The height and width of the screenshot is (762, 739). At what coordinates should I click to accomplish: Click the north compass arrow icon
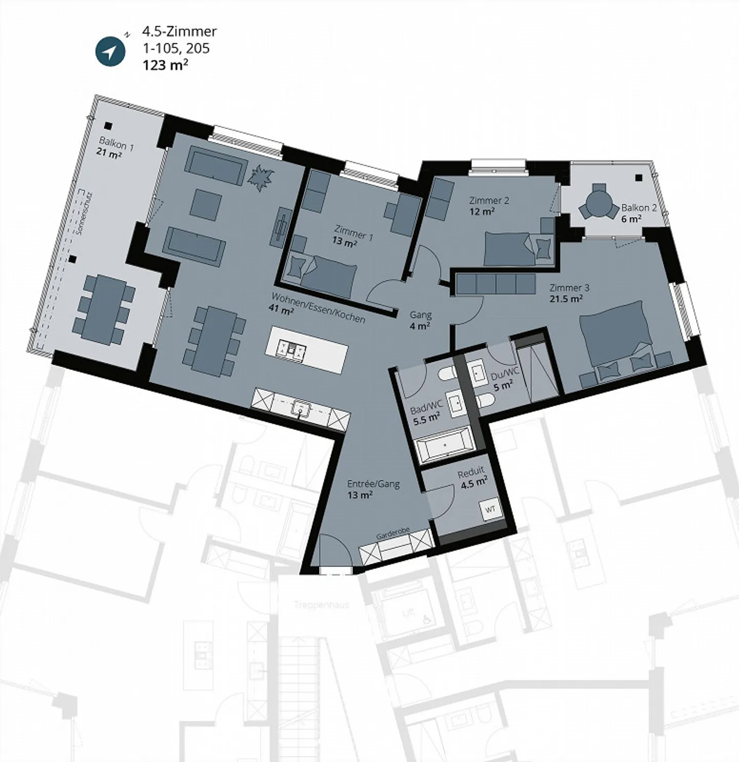click(x=110, y=52)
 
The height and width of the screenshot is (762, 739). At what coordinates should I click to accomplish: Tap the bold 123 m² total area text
click(x=165, y=65)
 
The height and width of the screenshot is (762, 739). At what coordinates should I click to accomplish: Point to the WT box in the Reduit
click(x=491, y=509)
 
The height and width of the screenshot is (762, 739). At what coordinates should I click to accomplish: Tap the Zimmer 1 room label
click(x=354, y=232)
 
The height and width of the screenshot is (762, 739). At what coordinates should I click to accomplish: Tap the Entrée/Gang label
click(x=373, y=484)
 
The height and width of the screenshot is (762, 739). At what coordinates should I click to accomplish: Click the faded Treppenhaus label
click(x=321, y=604)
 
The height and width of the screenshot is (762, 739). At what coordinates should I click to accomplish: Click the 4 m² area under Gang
click(x=420, y=326)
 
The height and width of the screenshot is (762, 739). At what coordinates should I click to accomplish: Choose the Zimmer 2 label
click(x=489, y=201)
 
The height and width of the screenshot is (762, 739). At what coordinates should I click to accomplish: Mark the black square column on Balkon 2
click(x=638, y=178)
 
